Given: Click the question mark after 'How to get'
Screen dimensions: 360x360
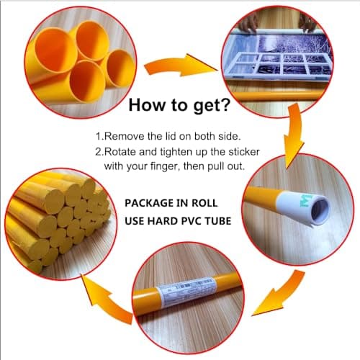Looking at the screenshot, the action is click(x=225, y=104).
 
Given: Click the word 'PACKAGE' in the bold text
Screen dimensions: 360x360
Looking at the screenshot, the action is click(x=149, y=203).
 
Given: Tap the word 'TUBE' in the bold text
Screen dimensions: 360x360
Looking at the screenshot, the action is click(x=218, y=221).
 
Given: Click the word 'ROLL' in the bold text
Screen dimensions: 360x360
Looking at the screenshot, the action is click(x=204, y=203).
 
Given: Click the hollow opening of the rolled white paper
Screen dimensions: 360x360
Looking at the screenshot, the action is click(x=320, y=211).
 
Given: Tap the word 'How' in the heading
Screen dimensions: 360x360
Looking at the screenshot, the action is click(x=147, y=104).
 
